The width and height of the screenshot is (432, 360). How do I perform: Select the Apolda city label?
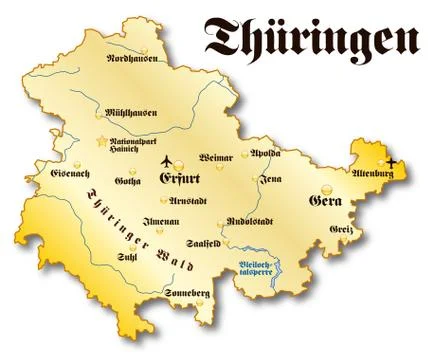[x=265, y=154]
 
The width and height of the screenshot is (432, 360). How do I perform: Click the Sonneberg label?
[x=188, y=291]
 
